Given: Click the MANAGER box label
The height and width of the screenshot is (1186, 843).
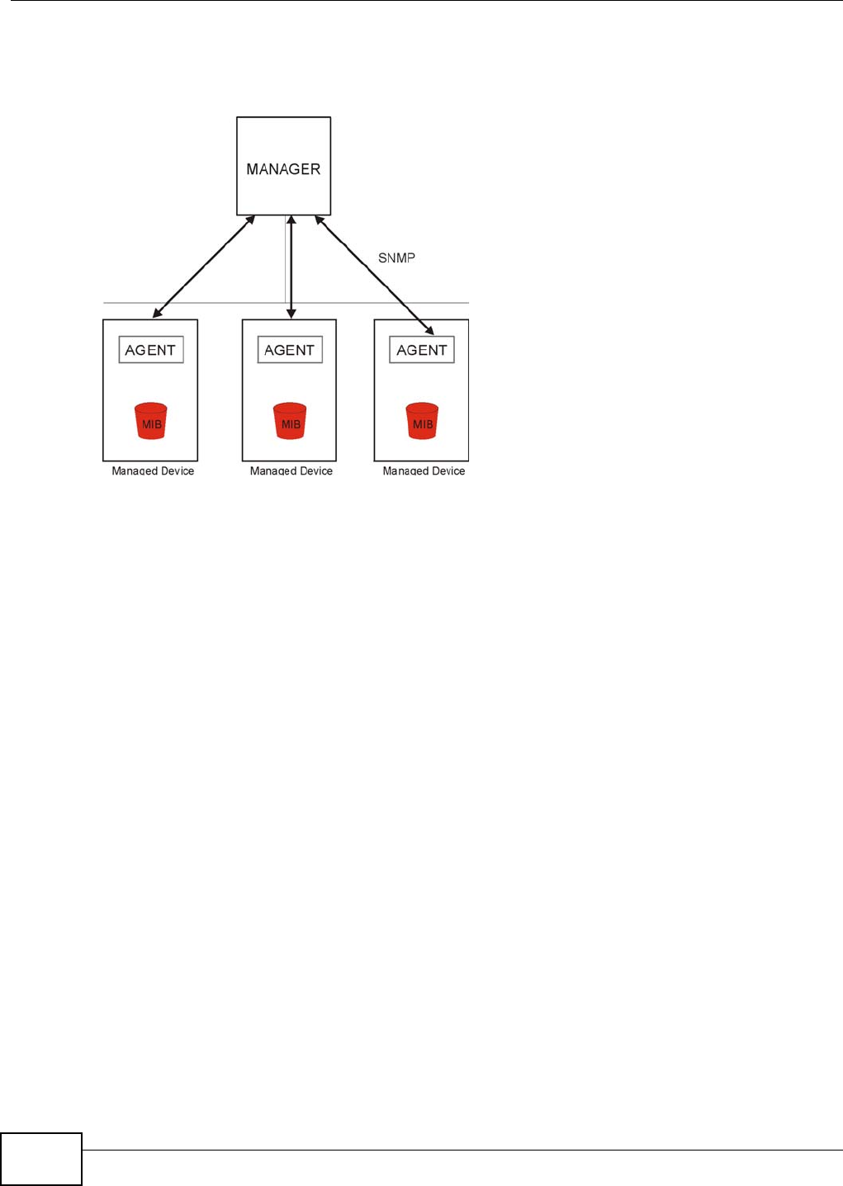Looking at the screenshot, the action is [x=283, y=169].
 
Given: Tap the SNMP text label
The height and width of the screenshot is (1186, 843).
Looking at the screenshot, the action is [x=396, y=258].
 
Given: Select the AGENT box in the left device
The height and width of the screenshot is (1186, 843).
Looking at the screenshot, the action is [x=150, y=350].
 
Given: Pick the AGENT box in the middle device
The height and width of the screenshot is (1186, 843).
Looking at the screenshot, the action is [x=290, y=350].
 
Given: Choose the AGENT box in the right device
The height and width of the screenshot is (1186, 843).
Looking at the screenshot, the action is [x=422, y=350].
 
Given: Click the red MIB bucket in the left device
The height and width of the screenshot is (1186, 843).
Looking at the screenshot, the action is [x=151, y=421].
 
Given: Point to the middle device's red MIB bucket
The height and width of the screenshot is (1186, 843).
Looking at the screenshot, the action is [x=291, y=421].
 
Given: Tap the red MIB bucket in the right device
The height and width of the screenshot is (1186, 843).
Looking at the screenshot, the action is [x=423, y=421].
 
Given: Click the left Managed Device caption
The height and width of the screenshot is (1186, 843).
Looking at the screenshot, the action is [x=153, y=470].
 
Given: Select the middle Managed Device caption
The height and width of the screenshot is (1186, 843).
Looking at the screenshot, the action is [x=291, y=470].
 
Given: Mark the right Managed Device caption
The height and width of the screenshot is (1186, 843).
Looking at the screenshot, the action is [x=424, y=470].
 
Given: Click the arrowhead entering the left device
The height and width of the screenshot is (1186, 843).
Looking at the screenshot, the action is [x=157, y=314].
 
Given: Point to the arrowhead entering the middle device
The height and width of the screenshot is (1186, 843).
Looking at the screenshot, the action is [x=291, y=314].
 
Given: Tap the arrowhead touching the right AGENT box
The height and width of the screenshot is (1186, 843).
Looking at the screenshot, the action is [x=429, y=330].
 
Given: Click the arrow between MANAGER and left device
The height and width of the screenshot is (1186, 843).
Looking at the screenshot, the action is [x=204, y=267].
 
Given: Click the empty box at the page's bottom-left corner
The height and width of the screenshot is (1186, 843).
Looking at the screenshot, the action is [x=41, y=1160].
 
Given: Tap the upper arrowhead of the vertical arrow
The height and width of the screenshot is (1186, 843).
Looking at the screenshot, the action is [x=291, y=221].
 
